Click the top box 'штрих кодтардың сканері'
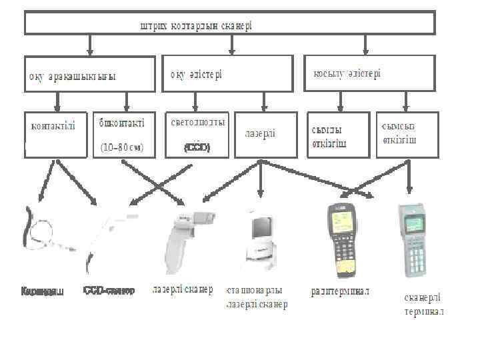[230, 23]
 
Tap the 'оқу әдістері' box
[227, 73]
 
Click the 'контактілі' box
[56, 134]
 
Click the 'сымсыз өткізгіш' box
[407, 134]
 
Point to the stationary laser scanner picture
[262, 240]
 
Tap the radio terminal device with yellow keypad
[344, 240]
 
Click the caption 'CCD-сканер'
[109, 291]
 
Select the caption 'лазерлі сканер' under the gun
[183, 290]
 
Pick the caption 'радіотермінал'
[340, 291]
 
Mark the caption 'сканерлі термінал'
[424, 305]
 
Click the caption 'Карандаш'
[42, 291]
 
